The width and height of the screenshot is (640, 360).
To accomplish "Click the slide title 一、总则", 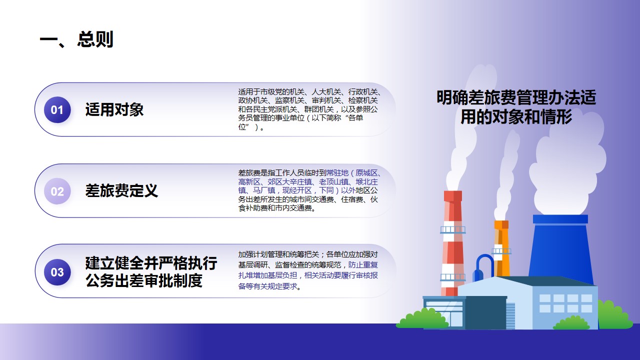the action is point(76,39).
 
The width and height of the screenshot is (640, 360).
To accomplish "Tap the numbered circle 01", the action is point(57,109).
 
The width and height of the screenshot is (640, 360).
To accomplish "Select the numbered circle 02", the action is point(57,191).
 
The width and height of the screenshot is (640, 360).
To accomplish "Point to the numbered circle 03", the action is point(57,272).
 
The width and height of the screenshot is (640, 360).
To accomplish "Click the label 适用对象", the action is point(114,109).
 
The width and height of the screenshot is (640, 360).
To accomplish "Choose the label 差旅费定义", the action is point(121,191).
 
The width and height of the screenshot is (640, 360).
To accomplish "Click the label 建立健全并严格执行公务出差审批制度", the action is point(151,272).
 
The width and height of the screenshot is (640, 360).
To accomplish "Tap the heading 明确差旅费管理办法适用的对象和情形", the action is point(516,107).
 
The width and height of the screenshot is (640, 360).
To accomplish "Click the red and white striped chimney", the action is point(452,243).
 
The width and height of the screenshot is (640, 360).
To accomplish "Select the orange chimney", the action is point(501,248).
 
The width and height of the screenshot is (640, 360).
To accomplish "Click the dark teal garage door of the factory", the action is point(485,312).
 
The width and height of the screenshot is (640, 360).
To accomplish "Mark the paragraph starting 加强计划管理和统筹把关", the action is point(308,270).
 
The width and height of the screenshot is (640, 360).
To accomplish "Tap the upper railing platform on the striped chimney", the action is point(452,229).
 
